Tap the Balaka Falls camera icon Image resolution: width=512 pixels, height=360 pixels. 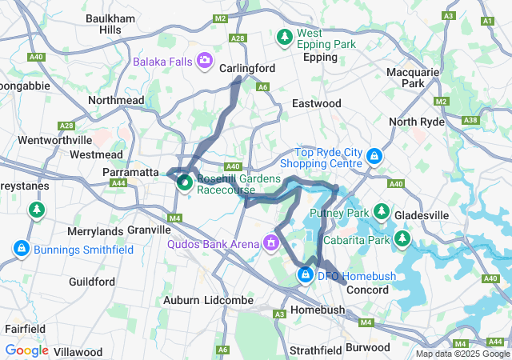tap(206, 60)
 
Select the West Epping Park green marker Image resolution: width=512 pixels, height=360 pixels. tap(284, 37)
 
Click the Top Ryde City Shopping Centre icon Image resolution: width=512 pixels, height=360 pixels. tap(374, 156)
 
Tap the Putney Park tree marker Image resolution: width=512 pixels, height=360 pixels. tap(382, 212)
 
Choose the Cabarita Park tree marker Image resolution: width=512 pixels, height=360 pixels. tap(402, 239)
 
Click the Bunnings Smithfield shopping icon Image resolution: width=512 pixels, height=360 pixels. tap(21, 249)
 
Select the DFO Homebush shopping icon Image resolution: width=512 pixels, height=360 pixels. tap(305, 276)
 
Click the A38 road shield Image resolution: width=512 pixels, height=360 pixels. tap(470, 121)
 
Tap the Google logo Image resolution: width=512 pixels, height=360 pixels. tap(27, 350)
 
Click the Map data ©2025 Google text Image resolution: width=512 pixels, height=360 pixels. tap(462, 354)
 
